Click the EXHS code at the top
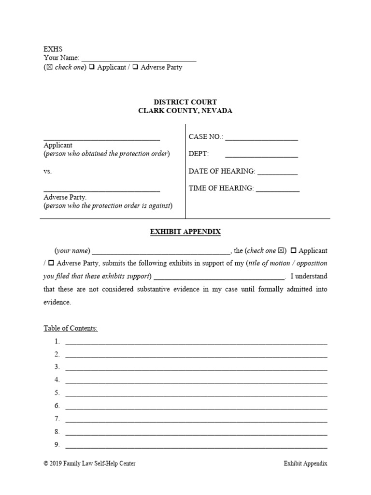tap(53, 49)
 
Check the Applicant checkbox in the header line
tap(92, 67)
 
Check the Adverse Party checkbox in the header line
tap(136, 67)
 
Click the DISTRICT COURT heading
tap(185, 102)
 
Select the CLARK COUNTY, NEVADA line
tap(185, 111)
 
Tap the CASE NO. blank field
tap(261, 137)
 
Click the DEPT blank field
tap(261, 154)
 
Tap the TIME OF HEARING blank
tap(277, 189)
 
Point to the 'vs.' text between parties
tap(47, 171)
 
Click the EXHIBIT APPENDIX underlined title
tap(185, 232)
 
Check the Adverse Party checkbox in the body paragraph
tap(51, 263)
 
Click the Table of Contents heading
tap(71, 328)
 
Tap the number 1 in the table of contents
tap(57, 341)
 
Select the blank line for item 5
tap(196, 393)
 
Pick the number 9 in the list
tap(57, 445)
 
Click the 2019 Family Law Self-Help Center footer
tap(89, 464)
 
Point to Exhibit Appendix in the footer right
tap(305, 464)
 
